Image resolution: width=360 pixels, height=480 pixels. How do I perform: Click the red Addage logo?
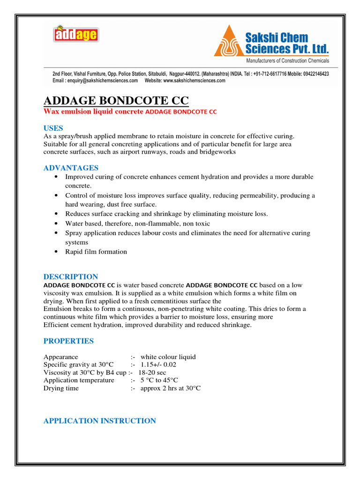75,34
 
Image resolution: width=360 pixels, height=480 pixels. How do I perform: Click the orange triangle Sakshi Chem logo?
229,40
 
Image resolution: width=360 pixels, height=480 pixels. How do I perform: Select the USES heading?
53,128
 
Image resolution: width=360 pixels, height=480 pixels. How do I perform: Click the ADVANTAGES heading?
71,168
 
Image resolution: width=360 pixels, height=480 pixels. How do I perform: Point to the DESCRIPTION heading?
71,277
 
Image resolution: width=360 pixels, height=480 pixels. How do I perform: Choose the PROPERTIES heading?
68,341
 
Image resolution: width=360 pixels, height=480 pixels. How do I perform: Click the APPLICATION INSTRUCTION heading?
99,421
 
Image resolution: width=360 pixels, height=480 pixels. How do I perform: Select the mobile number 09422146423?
309,74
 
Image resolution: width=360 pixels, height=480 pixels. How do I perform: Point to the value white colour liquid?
168,357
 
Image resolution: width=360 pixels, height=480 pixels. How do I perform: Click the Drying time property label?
61,389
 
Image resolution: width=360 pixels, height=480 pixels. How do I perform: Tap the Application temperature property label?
79,381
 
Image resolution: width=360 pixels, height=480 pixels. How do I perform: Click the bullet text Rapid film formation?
96,252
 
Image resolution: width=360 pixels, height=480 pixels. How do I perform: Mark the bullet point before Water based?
57,224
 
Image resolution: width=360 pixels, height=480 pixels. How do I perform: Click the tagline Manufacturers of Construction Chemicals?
288,60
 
